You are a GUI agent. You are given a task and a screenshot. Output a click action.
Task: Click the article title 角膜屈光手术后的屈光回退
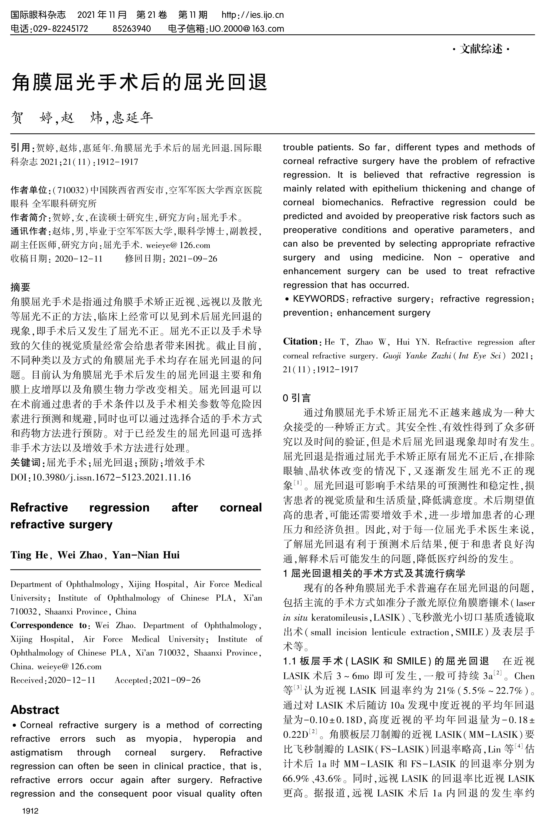click(x=139, y=82)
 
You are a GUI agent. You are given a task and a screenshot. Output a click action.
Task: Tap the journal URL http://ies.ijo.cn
click(x=253, y=15)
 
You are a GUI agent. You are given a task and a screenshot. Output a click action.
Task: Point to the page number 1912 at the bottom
click(x=30, y=811)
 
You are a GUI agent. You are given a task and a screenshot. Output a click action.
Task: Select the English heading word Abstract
click(x=35, y=710)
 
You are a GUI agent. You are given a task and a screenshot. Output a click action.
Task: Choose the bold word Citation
click(x=300, y=342)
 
